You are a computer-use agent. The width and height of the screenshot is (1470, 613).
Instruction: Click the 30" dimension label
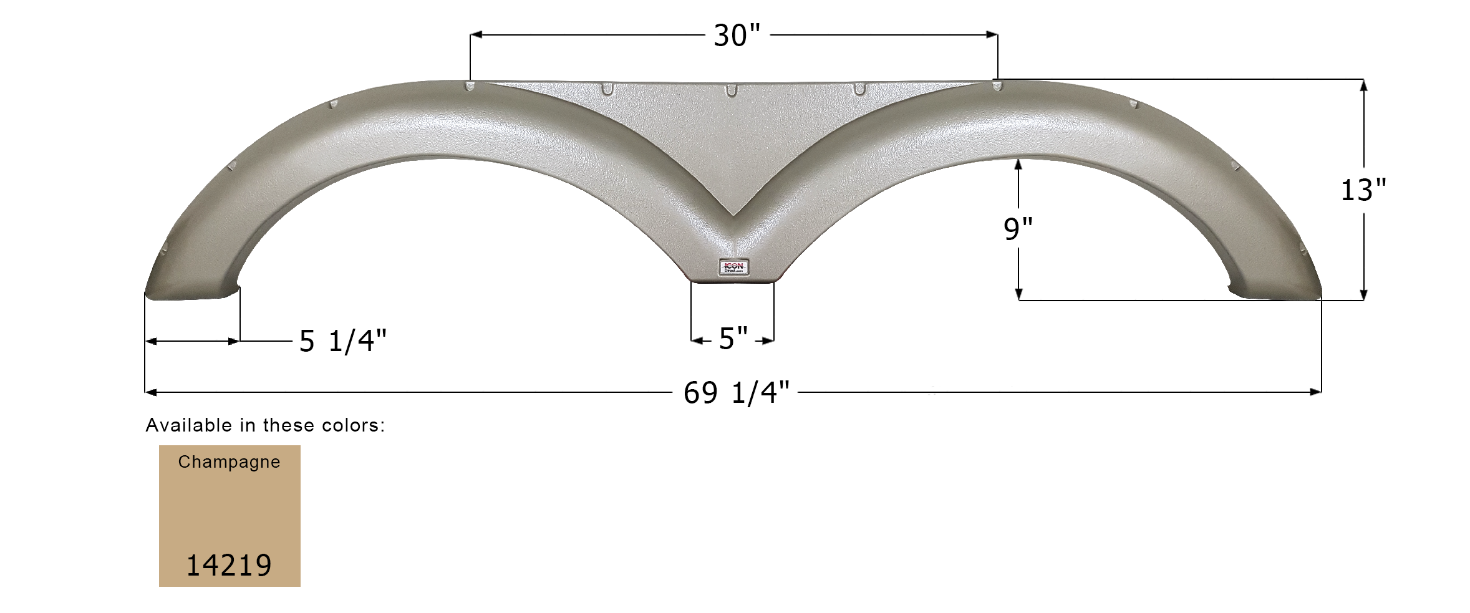(x=737, y=36)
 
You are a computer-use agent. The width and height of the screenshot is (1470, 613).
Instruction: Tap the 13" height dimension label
(x=1363, y=190)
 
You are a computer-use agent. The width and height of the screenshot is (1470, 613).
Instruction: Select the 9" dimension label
(x=1018, y=229)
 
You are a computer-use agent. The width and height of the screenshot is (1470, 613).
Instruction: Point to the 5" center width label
(x=733, y=339)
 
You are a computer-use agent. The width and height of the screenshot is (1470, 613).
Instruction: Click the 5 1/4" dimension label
(x=343, y=341)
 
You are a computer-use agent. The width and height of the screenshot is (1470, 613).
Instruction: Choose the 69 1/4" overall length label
(x=737, y=393)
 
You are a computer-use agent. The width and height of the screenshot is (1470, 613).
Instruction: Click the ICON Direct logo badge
(x=733, y=268)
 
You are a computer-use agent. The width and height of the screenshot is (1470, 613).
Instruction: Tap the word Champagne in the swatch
(x=229, y=462)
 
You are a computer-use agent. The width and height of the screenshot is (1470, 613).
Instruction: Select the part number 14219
(x=229, y=566)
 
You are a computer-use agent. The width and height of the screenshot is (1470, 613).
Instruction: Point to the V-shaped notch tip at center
(x=733, y=215)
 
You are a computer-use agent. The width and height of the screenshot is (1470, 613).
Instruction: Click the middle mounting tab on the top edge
(x=731, y=90)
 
